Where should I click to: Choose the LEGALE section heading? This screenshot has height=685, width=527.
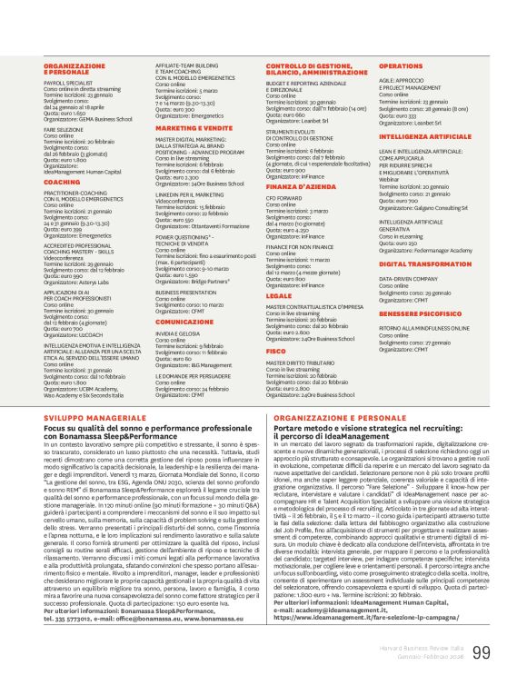point(279,295)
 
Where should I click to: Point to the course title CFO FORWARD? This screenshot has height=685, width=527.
point(283,198)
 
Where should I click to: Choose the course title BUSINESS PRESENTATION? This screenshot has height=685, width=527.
point(186,292)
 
